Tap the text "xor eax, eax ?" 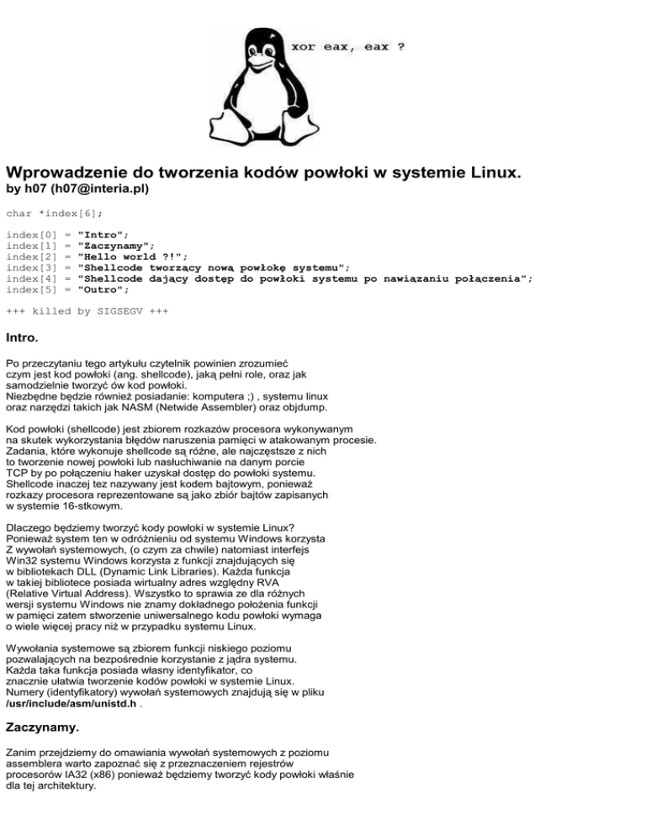coord(347,47)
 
